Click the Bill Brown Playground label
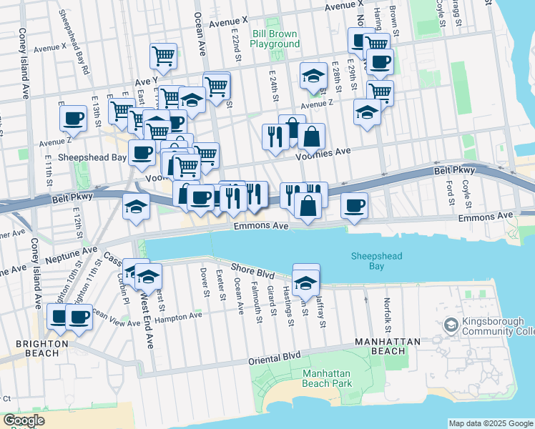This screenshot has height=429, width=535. coord(275,39)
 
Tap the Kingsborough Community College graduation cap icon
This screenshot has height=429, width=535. coord(451,326)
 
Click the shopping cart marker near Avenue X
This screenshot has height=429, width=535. coord(164,55)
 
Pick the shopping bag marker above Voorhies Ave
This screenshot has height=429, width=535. coord(311,136)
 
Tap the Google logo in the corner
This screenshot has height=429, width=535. coord(24,420)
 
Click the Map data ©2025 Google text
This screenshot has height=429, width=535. coord(491,423)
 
